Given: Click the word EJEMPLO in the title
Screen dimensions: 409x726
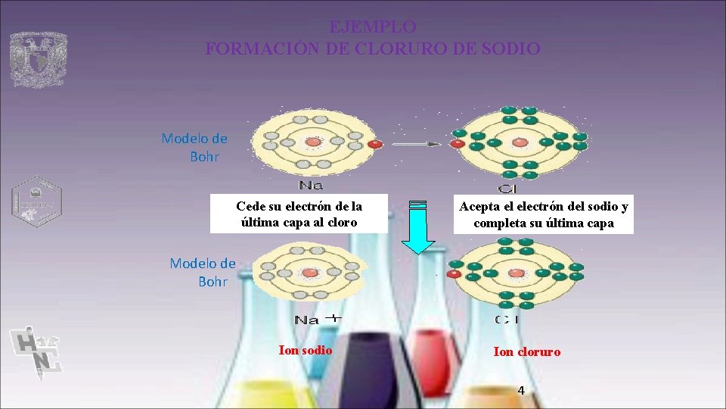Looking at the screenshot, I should (x=373, y=27).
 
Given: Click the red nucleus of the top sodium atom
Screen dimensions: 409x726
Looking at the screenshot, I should (x=312, y=142).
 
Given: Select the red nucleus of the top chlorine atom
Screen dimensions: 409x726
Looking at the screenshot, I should (x=520, y=142).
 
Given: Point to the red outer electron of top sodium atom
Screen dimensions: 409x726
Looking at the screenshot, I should (x=375, y=144).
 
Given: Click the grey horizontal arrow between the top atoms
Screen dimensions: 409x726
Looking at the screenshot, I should (x=417, y=143).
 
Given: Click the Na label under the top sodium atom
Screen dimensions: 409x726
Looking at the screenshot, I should (x=311, y=186).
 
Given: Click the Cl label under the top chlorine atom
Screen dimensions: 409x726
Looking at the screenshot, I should (x=507, y=188).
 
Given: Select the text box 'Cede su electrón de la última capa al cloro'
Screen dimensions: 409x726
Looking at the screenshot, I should (x=299, y=214).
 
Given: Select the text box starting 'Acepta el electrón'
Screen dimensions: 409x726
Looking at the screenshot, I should (x=544, y=214).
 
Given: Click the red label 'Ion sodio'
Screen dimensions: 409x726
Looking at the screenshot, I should (x=306, y=350).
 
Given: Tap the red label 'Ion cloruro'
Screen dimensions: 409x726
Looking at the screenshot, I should (x=527, y=351).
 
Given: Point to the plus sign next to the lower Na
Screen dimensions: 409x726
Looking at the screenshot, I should (x=334, y=318).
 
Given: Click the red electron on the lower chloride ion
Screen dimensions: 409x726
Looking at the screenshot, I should (x=455, y=273).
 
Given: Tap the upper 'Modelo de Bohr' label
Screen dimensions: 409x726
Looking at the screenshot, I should (x=194, y=147).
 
